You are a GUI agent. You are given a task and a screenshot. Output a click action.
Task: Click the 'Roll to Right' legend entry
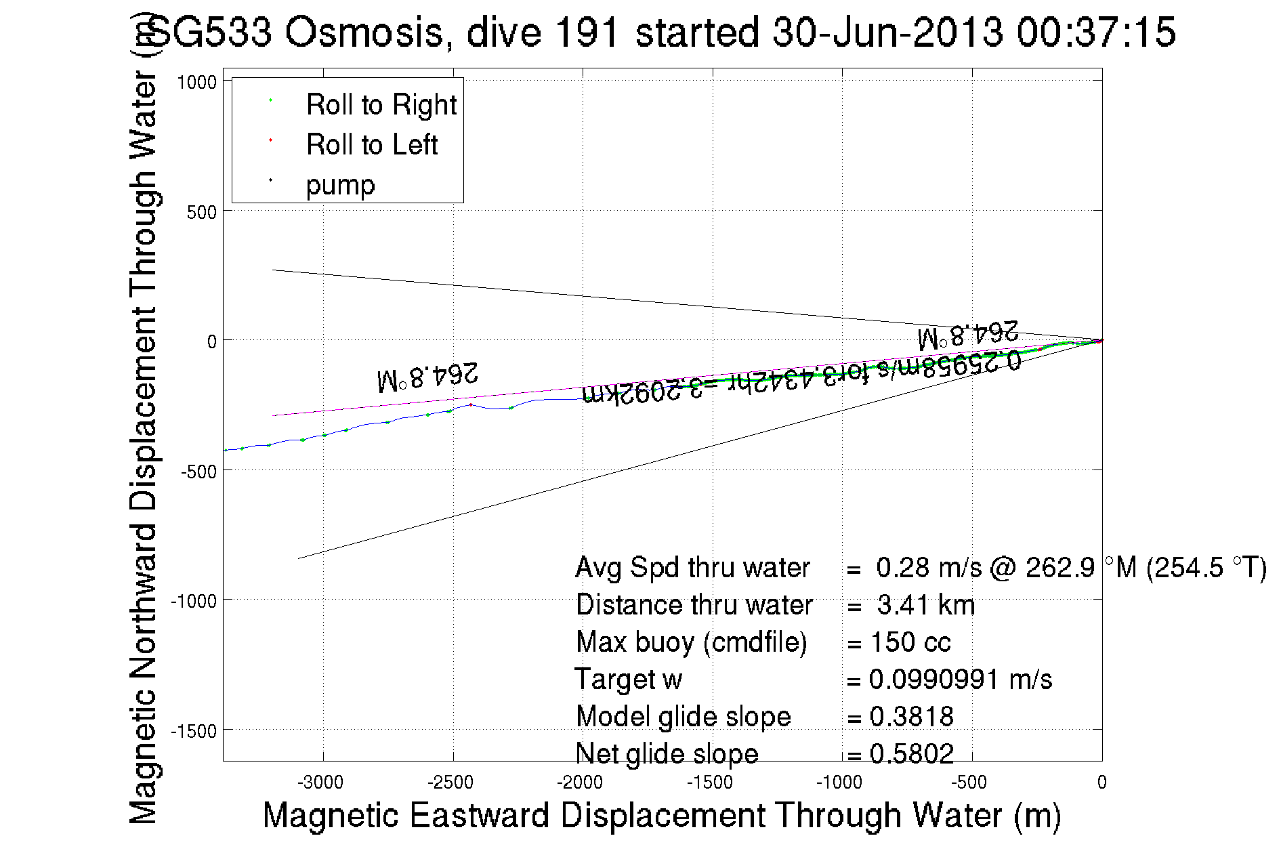pos(381,105)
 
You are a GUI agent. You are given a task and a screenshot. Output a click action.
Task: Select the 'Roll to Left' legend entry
pos(371,145)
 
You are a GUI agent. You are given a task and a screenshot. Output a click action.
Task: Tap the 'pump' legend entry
pos(340,185)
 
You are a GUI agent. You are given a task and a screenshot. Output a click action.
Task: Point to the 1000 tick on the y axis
pos(196,82)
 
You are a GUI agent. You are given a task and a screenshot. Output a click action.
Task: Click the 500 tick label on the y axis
pos(201,212)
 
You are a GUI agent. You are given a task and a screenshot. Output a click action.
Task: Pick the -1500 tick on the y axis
pos(193,731)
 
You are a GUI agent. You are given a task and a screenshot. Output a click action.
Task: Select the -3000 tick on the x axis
pos(321,783)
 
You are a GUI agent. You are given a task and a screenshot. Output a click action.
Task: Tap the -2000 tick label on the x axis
pos(580,783)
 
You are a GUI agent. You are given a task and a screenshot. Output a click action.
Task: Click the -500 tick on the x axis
pos(969,783)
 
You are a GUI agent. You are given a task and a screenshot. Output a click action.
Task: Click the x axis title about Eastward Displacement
pos(661,815)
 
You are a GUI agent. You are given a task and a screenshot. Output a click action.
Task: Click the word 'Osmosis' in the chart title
pos(364,33)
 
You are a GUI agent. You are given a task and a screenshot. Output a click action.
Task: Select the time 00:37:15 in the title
pos(1096,33)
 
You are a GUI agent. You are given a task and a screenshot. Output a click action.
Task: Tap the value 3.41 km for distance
pos(925,605)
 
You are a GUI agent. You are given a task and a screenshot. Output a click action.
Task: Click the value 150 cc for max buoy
pos(910,642)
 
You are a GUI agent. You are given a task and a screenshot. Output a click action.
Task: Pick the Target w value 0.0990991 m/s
pos(960,680)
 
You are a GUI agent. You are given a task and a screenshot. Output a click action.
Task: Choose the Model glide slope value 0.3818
pos(911,717)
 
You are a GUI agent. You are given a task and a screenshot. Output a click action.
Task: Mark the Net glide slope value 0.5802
pos(911,753)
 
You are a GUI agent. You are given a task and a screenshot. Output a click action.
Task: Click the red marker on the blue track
pos(471,404)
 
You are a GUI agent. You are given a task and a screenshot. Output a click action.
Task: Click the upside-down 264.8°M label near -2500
pos(428,377)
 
